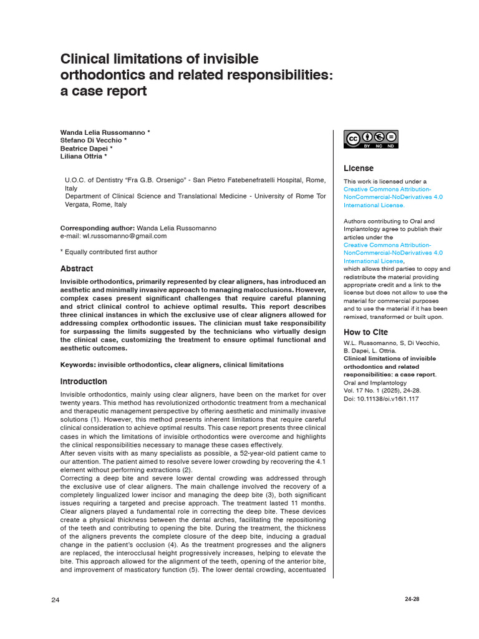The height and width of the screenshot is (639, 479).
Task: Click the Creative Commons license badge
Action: [371, 139]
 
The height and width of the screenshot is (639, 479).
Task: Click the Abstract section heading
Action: [77, 269]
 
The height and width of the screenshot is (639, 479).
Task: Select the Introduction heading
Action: [84, 381]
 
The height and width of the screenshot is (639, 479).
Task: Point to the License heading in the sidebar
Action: [359, 168]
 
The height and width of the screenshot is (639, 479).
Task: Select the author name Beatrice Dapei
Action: [86, 149]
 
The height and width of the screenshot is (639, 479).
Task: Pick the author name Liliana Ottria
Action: [84, 157]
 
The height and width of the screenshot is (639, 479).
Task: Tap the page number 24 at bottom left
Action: [56, 600]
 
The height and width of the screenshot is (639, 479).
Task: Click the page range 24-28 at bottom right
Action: [412, 599]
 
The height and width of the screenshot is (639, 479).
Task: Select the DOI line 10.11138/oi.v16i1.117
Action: [381, 399]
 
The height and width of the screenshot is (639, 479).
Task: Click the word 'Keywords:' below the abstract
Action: [78, 364]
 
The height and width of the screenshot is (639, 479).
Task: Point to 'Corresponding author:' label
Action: [97, 228]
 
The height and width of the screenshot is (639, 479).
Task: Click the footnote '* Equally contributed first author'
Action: [109, 252]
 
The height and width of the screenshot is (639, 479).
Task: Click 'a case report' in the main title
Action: [104, 91]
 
